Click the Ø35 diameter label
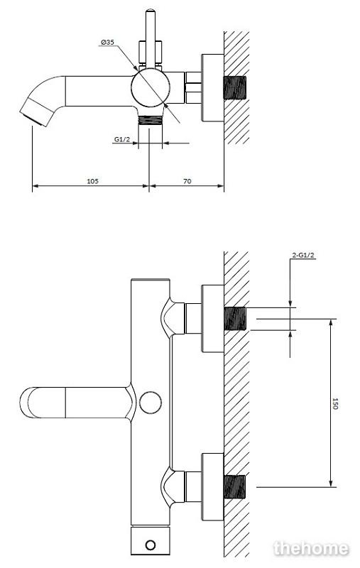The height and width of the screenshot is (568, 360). coord(108,43)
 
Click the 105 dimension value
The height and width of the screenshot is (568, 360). coord(92,181)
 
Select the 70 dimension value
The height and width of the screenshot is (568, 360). coord(187,181)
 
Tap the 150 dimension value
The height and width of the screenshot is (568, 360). coord(334,403)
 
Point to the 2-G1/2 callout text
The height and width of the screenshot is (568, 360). coord(303,255)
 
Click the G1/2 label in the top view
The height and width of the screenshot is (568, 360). coord(122,139)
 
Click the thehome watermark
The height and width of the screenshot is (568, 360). coord(311,548)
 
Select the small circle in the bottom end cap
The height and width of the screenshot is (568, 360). coord(150,545)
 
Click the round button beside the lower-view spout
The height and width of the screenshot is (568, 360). coord(151,403)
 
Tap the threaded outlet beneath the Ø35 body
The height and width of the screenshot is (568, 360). coord(151,120)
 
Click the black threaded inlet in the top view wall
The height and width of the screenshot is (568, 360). coord(235,87)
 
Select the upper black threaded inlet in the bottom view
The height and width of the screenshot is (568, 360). coord(235,319)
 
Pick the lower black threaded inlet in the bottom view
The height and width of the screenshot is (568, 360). coord(235,487)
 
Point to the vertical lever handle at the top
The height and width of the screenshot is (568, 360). coord(151,39)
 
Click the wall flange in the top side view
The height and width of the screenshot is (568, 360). coord(212,88)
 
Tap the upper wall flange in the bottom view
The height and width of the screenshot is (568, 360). coord(212,318)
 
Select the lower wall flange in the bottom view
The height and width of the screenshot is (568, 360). coord(212,487)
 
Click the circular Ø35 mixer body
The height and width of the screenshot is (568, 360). coord(151,88)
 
